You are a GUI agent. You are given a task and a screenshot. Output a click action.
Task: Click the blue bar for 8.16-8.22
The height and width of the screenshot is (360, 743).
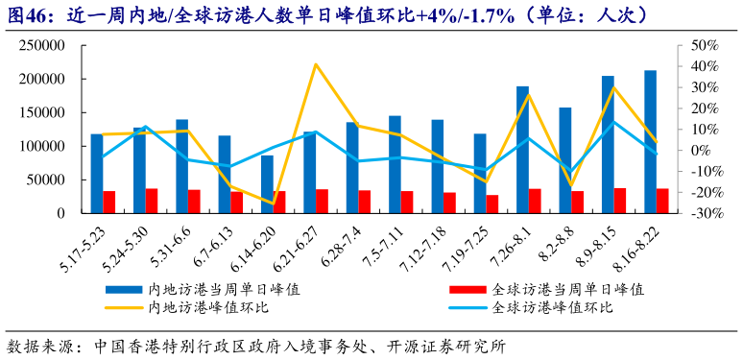coord(650,142)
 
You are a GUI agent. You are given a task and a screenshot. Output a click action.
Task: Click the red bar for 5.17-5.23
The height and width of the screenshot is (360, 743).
coord(109,202)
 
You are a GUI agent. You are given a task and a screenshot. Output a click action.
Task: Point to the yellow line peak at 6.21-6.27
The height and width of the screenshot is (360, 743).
coord(316,64)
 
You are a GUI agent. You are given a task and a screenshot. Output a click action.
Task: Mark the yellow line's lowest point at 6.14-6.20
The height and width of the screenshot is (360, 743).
coord(274,204)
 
